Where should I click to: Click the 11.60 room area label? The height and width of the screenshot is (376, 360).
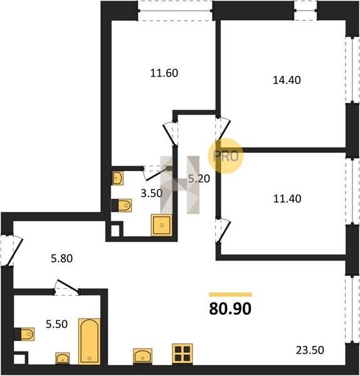pyautogui.click(x=164, y=73)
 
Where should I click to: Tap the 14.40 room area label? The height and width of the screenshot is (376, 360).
pyautogui.click(x=287, y=80)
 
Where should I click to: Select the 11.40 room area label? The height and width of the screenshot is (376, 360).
pyautogui.click(x=287, y=199)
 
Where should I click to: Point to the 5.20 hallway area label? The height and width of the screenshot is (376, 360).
pyautogui.click(x=199, y=179)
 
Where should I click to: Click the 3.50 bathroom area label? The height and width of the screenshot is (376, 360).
pyautogui.click(x=152, y=193)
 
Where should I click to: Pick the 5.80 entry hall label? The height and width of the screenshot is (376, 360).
pyautogui.click(x=61, y=259)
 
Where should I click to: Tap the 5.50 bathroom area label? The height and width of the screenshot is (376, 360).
pyautogui.click(x=56, y=324)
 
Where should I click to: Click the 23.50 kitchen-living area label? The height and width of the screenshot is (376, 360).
pyautogui.click(x=310, y=350)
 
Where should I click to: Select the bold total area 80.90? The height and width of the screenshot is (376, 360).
pyautogui.click(x=230, y=308)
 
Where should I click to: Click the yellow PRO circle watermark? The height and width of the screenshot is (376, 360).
pyautogui.click(x=226, y=156)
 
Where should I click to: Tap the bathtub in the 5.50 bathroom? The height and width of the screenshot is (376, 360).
pyautogui.click(x=89, y=342)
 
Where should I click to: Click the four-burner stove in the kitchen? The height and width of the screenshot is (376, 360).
pyautogui.click(x=183, y=353)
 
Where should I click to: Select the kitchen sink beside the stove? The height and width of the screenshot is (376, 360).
pyautogui.click(x=142, y=356)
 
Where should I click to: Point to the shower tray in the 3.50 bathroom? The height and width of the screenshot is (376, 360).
pyautogui.click(x=162, y=225)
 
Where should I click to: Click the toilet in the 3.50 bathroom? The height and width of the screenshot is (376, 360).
pyautogui.click(x=122, y=206)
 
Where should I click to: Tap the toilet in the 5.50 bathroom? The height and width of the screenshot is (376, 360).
pyautogui.click(x=24, y=334)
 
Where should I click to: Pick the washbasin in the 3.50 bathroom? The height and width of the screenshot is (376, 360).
pyautogui.click(x=118, y=178)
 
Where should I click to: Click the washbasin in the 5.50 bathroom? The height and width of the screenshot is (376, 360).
pyautogui.click(x=63, y=358)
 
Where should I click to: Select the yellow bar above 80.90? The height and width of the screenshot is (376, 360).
pyautogui.click(x=230, y=295)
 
